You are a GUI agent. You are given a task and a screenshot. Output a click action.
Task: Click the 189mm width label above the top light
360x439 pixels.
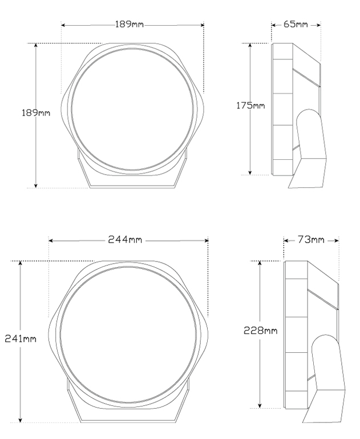pyautogui.click(x=130, y=25)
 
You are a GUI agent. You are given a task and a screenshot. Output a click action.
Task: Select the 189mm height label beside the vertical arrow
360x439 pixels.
pyautogui.click(x=36, y=113)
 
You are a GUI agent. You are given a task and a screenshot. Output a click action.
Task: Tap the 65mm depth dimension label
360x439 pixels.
pyautogui.click(x=296, y=25)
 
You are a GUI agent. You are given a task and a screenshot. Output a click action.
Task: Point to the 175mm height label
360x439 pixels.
pyautogui.click(x=250, y=106)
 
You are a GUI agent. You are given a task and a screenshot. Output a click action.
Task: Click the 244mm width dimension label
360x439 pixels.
pyautogui.click(x=125, y=240)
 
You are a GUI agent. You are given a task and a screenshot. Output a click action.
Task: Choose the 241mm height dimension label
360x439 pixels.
pyautogui.click(x=21, y=339)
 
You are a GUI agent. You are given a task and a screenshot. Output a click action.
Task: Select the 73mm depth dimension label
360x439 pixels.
pyautogui.click(x=311, y=240)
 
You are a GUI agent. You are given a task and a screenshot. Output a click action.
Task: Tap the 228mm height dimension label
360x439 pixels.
pyautogui.click(x=260, y=331)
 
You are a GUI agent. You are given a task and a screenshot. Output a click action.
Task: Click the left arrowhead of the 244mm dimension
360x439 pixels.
pyautogui.click(x=51, y=240)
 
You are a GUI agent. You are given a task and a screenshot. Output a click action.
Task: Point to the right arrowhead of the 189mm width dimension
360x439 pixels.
pyautogui.click(x=202, y=25)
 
